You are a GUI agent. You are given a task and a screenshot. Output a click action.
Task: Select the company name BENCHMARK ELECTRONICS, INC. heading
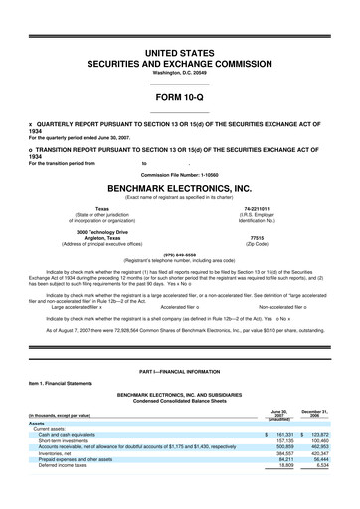coord(180,186)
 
